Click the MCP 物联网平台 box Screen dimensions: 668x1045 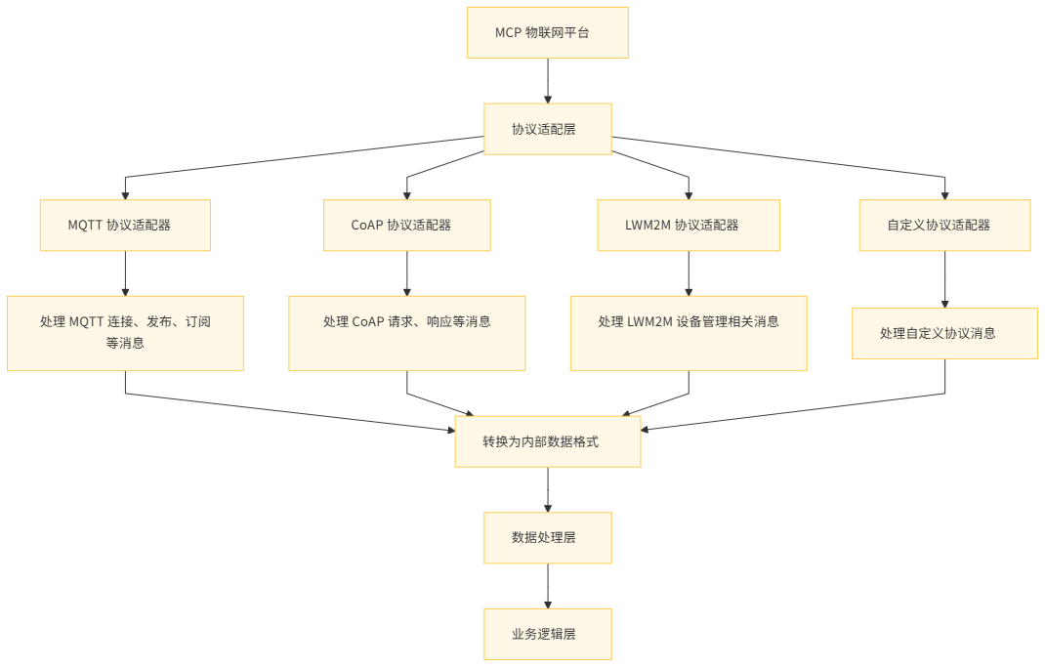547,33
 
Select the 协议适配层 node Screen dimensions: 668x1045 547,129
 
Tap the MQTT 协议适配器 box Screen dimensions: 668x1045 125,226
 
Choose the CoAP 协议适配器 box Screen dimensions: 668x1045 406,226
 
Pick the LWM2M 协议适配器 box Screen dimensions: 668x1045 689,226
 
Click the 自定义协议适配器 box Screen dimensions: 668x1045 944,226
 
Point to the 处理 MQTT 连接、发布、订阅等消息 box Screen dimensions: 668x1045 125,333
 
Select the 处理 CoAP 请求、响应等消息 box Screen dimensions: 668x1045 406,333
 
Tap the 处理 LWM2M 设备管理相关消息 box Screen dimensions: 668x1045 689,333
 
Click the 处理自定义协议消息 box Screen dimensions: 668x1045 944,333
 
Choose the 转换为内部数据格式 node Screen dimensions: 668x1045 547,441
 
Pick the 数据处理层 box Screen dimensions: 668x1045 547,538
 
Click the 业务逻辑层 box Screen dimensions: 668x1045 547,634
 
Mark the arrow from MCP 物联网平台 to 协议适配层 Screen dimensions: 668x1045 547,81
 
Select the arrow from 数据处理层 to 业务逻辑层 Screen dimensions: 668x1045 547,586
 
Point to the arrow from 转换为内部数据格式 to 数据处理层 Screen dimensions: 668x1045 547,489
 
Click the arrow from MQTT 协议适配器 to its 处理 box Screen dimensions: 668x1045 125,273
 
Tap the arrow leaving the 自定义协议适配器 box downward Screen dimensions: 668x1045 944,279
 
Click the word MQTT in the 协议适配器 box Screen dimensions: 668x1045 86,226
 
